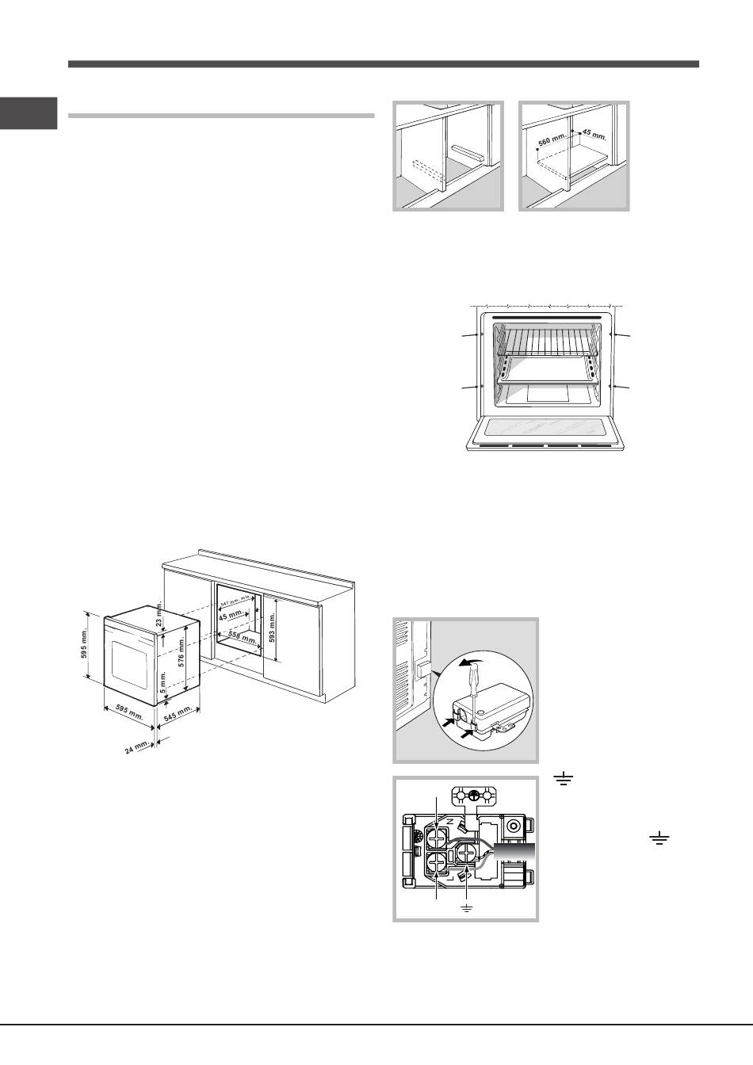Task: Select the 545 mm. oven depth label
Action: [178, 712]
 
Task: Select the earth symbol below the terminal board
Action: [466, 905]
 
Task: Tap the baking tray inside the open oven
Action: [545, 369]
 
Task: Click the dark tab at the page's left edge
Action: [29, 113]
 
